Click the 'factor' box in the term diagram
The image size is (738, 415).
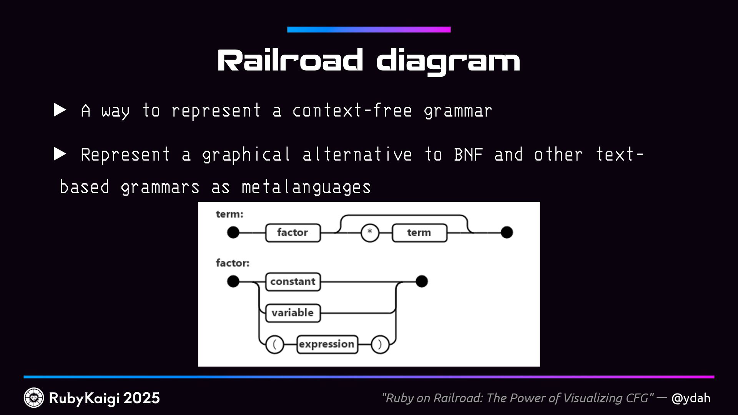293,232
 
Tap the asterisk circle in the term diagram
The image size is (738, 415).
370,232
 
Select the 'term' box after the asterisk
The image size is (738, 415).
419,232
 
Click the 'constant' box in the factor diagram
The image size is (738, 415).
293,282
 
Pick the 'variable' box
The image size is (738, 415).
293,313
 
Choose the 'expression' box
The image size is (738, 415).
327,344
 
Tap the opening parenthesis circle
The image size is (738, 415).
274,344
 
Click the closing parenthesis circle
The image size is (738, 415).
380,344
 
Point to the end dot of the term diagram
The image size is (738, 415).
507,232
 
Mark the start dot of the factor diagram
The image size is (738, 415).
233,281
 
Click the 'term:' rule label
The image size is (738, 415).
229,214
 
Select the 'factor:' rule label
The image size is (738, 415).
233,263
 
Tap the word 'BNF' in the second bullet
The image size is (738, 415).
468,154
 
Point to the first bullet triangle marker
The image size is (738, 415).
60,110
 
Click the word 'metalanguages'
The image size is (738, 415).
306,187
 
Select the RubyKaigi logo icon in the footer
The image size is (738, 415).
34,398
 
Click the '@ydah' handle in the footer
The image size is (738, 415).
691,398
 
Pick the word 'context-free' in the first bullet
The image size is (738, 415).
352,111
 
